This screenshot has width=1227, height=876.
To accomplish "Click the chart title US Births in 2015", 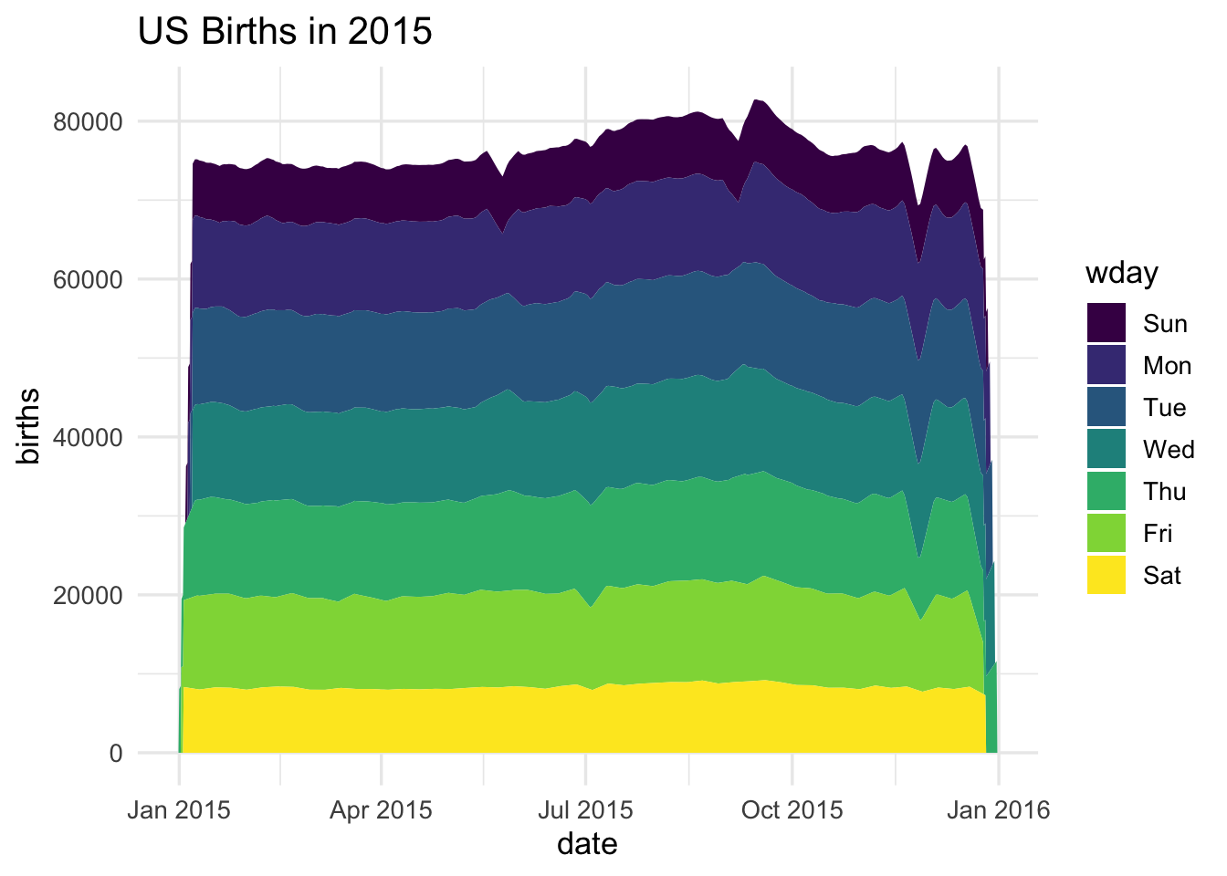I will [x=284, y=32].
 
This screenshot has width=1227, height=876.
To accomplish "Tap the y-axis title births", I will [x=29, y=425].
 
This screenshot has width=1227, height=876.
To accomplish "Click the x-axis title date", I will [x=587, y=843].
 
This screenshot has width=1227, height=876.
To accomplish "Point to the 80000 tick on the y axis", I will [x=89, y=121].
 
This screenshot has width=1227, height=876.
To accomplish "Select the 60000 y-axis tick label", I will [x=89, y=279].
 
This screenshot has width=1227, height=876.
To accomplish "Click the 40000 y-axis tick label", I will [x=89, y=437].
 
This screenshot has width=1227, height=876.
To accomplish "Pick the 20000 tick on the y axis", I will [x=89, y=595].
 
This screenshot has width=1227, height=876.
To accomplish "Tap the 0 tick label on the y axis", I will [x=116, y=754].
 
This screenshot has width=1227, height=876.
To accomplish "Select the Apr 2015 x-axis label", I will [x=382, y=809].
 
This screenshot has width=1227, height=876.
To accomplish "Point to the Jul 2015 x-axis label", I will [x=585, y=809].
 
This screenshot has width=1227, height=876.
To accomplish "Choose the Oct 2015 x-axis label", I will [x=792, y=809].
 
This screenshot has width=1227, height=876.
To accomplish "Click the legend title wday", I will [x=1121, y=273].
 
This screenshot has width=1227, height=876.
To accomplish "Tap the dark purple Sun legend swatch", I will [x=1106, y=323].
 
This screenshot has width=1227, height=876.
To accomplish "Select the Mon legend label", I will [x=1167, y=366].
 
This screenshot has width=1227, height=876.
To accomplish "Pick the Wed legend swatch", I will [x=1106, y=450].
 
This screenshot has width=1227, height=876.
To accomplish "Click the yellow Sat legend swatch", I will [x=1106, y=576].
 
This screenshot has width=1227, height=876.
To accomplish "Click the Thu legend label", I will [x=1164, y=492].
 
